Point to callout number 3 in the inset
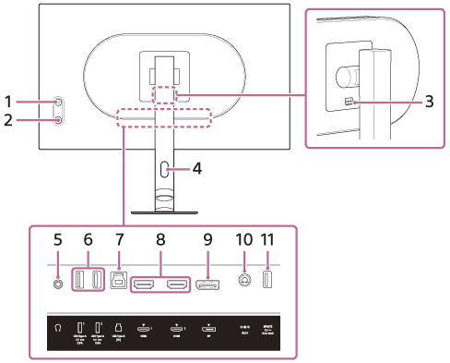click(x=429, y=102)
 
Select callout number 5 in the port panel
click(x=57, y=238)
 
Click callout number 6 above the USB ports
click(x=89, y=238)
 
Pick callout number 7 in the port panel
click(x=120, y=238)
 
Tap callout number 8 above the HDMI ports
click(x=161, y=238)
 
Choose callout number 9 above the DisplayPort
click(x=207, y=238)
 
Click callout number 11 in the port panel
click(x=268, y=238)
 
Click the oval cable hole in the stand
click(x=164, y=170)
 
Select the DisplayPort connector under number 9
click(x=206, y=282)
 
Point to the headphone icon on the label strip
click(x=57, y=327)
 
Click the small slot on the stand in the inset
click(x=348, y=102)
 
